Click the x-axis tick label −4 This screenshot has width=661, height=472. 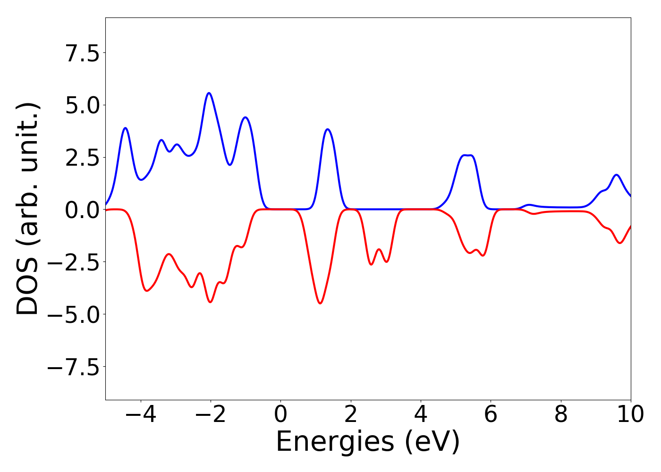(140, 414)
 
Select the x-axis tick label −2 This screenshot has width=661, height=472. (210, 414)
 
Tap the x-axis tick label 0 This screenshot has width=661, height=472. (280, 414)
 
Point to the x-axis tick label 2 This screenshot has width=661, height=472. (350, 414)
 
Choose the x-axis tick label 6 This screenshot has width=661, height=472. (491, 414)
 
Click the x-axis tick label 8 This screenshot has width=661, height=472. (561, 414)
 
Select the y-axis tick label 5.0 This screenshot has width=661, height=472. (83, 105)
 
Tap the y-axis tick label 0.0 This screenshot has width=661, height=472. (83, 210)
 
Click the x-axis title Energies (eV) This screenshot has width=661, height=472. (368, 442)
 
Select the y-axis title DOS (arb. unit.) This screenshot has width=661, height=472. (28, 209)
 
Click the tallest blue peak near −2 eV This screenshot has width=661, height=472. (209, 93)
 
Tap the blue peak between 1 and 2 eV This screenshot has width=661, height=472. (328, 129)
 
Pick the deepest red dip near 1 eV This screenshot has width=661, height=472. (320, 303)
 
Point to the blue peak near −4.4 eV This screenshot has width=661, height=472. (126, 128)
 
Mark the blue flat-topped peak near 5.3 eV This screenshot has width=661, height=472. (467, 155)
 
